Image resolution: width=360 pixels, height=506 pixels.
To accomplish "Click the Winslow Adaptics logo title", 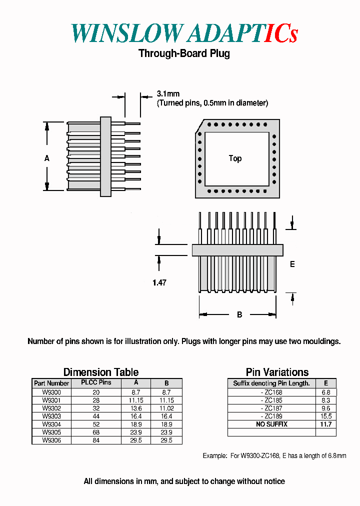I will [184, 33].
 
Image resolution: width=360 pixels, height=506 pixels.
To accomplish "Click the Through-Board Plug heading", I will [184, 53].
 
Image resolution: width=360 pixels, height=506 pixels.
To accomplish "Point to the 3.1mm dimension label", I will [168, 93].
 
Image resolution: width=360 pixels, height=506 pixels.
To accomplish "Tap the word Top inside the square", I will [235, 158].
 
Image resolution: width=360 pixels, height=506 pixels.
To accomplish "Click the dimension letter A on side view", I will [47, 158].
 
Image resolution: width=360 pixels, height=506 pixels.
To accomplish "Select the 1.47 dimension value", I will [159, 282].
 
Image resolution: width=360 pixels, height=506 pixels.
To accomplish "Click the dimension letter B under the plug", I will [239, 314].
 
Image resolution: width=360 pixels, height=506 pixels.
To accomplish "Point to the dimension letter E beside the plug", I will [292, 264].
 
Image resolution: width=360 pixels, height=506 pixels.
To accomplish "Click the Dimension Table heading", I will [101, 372].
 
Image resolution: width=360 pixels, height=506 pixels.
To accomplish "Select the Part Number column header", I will [51, 383].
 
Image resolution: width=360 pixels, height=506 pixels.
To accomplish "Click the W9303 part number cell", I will [51, 416].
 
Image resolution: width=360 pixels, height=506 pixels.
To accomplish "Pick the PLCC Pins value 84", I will [96, 440].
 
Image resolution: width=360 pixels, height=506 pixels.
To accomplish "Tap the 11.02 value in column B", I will [166, 408].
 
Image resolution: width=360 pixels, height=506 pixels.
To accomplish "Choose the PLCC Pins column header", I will [96, 383].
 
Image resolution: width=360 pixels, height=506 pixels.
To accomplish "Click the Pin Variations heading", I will [277, 372].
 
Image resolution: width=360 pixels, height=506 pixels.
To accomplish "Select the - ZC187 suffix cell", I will [271, 408].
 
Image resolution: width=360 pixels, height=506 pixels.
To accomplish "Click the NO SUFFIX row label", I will [271, 424].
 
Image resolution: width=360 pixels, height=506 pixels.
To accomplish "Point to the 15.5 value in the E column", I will [326, 416].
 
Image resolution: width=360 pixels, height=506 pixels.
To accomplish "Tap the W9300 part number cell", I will [51, 392].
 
